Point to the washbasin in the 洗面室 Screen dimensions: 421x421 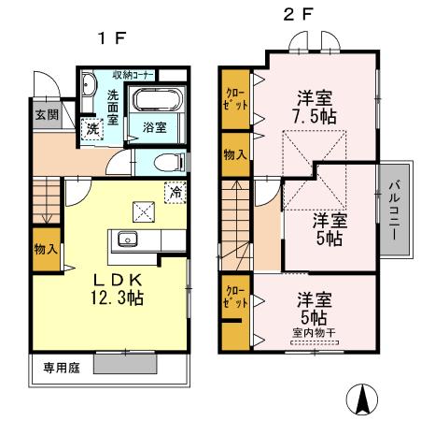point(87,88)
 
